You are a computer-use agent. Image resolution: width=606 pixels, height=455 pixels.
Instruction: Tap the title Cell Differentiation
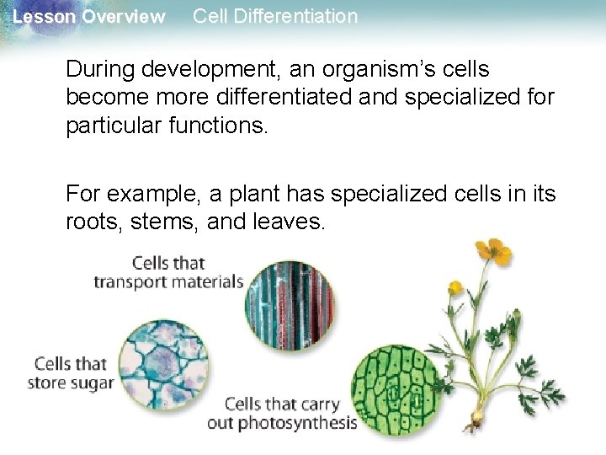[x=274, y=16]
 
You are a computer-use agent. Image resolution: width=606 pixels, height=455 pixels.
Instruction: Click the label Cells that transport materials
[x=168, y=272]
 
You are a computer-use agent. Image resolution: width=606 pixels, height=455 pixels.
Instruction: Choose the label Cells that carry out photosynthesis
[x=290, y=412]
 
